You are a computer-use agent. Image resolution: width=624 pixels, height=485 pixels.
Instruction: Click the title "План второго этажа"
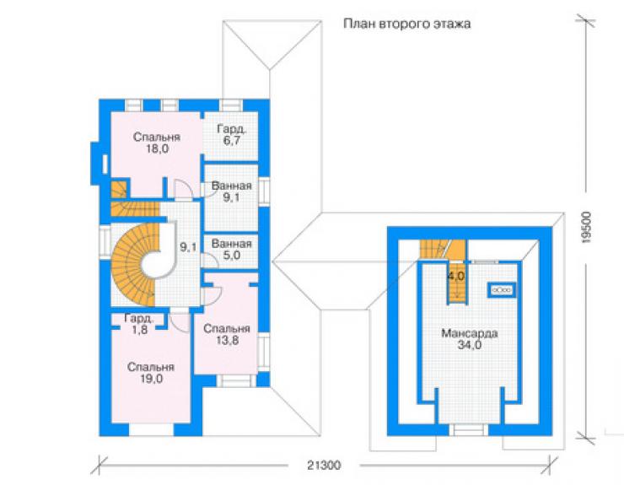406,24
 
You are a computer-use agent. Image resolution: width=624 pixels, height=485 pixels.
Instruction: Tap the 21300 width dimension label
324,465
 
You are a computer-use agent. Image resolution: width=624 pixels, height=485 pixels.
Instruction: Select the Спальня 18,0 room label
157,143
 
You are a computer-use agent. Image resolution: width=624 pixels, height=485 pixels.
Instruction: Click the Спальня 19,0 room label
151,373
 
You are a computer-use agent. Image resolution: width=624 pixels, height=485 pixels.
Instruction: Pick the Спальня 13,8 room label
227,334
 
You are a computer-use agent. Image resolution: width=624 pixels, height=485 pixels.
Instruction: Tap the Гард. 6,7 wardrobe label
232,135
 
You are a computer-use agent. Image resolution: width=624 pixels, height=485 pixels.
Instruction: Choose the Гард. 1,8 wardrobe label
139,324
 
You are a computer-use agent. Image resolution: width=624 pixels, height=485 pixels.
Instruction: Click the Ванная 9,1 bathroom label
231,191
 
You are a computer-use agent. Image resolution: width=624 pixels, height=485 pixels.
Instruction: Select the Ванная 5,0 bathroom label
231,250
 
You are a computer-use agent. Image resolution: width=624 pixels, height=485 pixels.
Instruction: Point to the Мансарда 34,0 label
470,338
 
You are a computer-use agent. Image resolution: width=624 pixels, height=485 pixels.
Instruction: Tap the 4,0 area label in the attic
456,276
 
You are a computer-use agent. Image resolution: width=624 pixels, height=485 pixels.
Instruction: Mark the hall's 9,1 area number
188,247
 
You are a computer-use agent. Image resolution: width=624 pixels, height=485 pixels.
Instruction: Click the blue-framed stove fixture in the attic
502,290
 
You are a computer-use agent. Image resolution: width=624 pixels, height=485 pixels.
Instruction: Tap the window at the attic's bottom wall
469,429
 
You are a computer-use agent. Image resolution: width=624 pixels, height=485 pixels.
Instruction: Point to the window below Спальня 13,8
236,380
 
